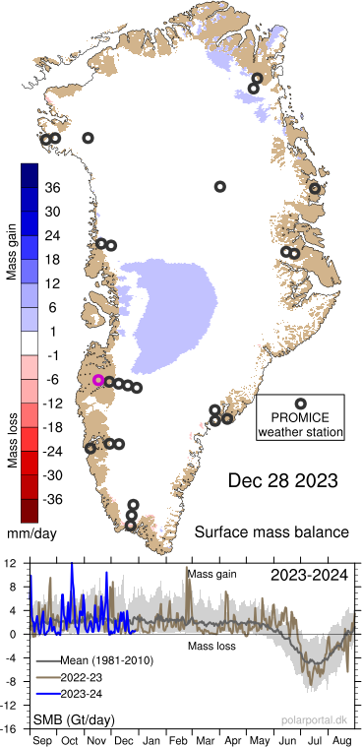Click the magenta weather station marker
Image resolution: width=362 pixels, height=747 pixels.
(x=97, y=380)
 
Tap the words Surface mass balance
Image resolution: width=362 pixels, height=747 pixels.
(x=271, y=532)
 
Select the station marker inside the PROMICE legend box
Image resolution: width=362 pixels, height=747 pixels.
(x=300, y=404)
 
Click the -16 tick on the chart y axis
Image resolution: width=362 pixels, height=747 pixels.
(x=10, y=728)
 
